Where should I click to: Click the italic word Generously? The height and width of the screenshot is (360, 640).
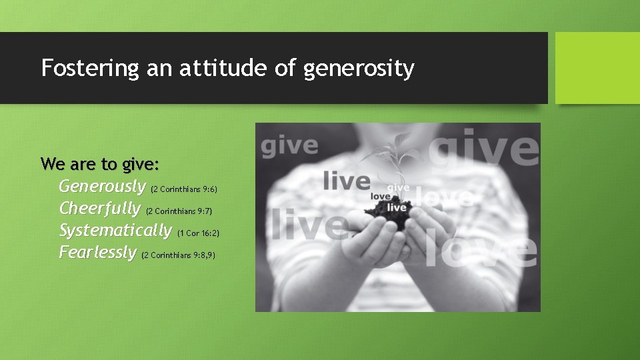point(102,186)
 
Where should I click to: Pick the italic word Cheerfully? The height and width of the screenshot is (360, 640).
point(100,209)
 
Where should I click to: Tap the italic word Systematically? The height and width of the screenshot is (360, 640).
point(115,231)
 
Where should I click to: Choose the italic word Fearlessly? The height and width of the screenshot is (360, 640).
point(97,253)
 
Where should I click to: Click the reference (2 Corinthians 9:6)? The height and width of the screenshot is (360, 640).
point(185,189)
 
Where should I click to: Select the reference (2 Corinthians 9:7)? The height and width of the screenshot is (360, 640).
point(178,211)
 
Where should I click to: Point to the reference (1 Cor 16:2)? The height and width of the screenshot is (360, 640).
point(198,233)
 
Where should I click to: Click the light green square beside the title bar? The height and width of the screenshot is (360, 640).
point(597,68)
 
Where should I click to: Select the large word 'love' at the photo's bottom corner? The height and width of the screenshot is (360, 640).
point(480,250)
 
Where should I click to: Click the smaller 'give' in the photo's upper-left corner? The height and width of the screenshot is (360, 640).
point(289,146)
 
